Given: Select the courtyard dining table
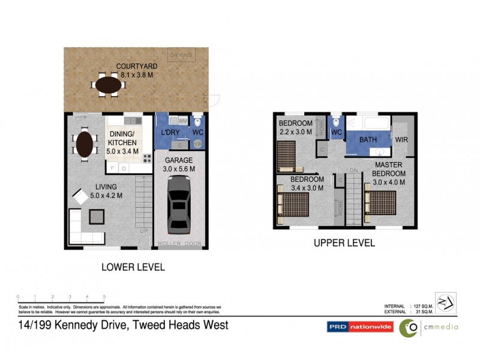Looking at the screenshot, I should coord(108,85).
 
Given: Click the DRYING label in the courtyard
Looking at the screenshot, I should coord(181,55).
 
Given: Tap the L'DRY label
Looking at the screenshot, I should coord(167,132).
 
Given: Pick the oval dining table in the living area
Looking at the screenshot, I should coord(86,145).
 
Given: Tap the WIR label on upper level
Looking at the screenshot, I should coord(402,140).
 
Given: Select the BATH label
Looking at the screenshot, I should coord(367,140).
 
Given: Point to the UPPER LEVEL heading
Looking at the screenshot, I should coord(344,243).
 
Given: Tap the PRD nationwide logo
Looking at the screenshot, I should coord(358,327).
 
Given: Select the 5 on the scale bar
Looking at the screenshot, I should coord(104,297).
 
